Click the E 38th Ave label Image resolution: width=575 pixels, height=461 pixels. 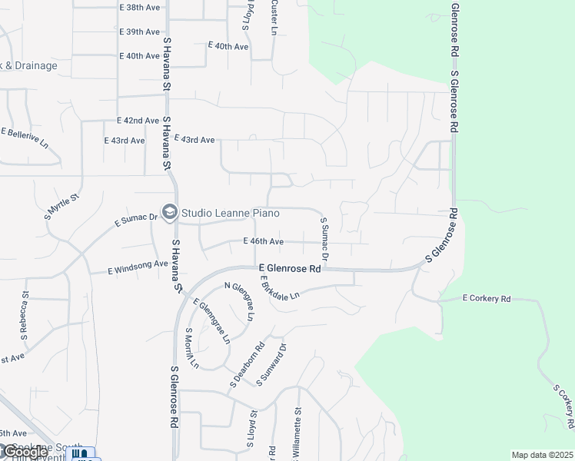[140, 7]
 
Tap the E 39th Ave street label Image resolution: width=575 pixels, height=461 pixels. [140, 32]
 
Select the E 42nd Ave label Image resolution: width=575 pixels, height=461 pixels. [138, 121]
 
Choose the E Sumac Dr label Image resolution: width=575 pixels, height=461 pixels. [137, 217]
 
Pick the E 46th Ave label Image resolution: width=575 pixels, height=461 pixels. [263, 241]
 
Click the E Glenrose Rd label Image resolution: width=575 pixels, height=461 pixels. [290, 268]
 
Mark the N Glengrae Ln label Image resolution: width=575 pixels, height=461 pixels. [239, 300]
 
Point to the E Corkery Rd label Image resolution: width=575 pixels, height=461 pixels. [487, 298]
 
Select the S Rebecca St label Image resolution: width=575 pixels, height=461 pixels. [25, 316]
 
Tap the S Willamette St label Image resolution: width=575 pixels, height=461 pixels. [298, 435]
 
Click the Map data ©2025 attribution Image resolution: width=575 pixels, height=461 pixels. [542, 455]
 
